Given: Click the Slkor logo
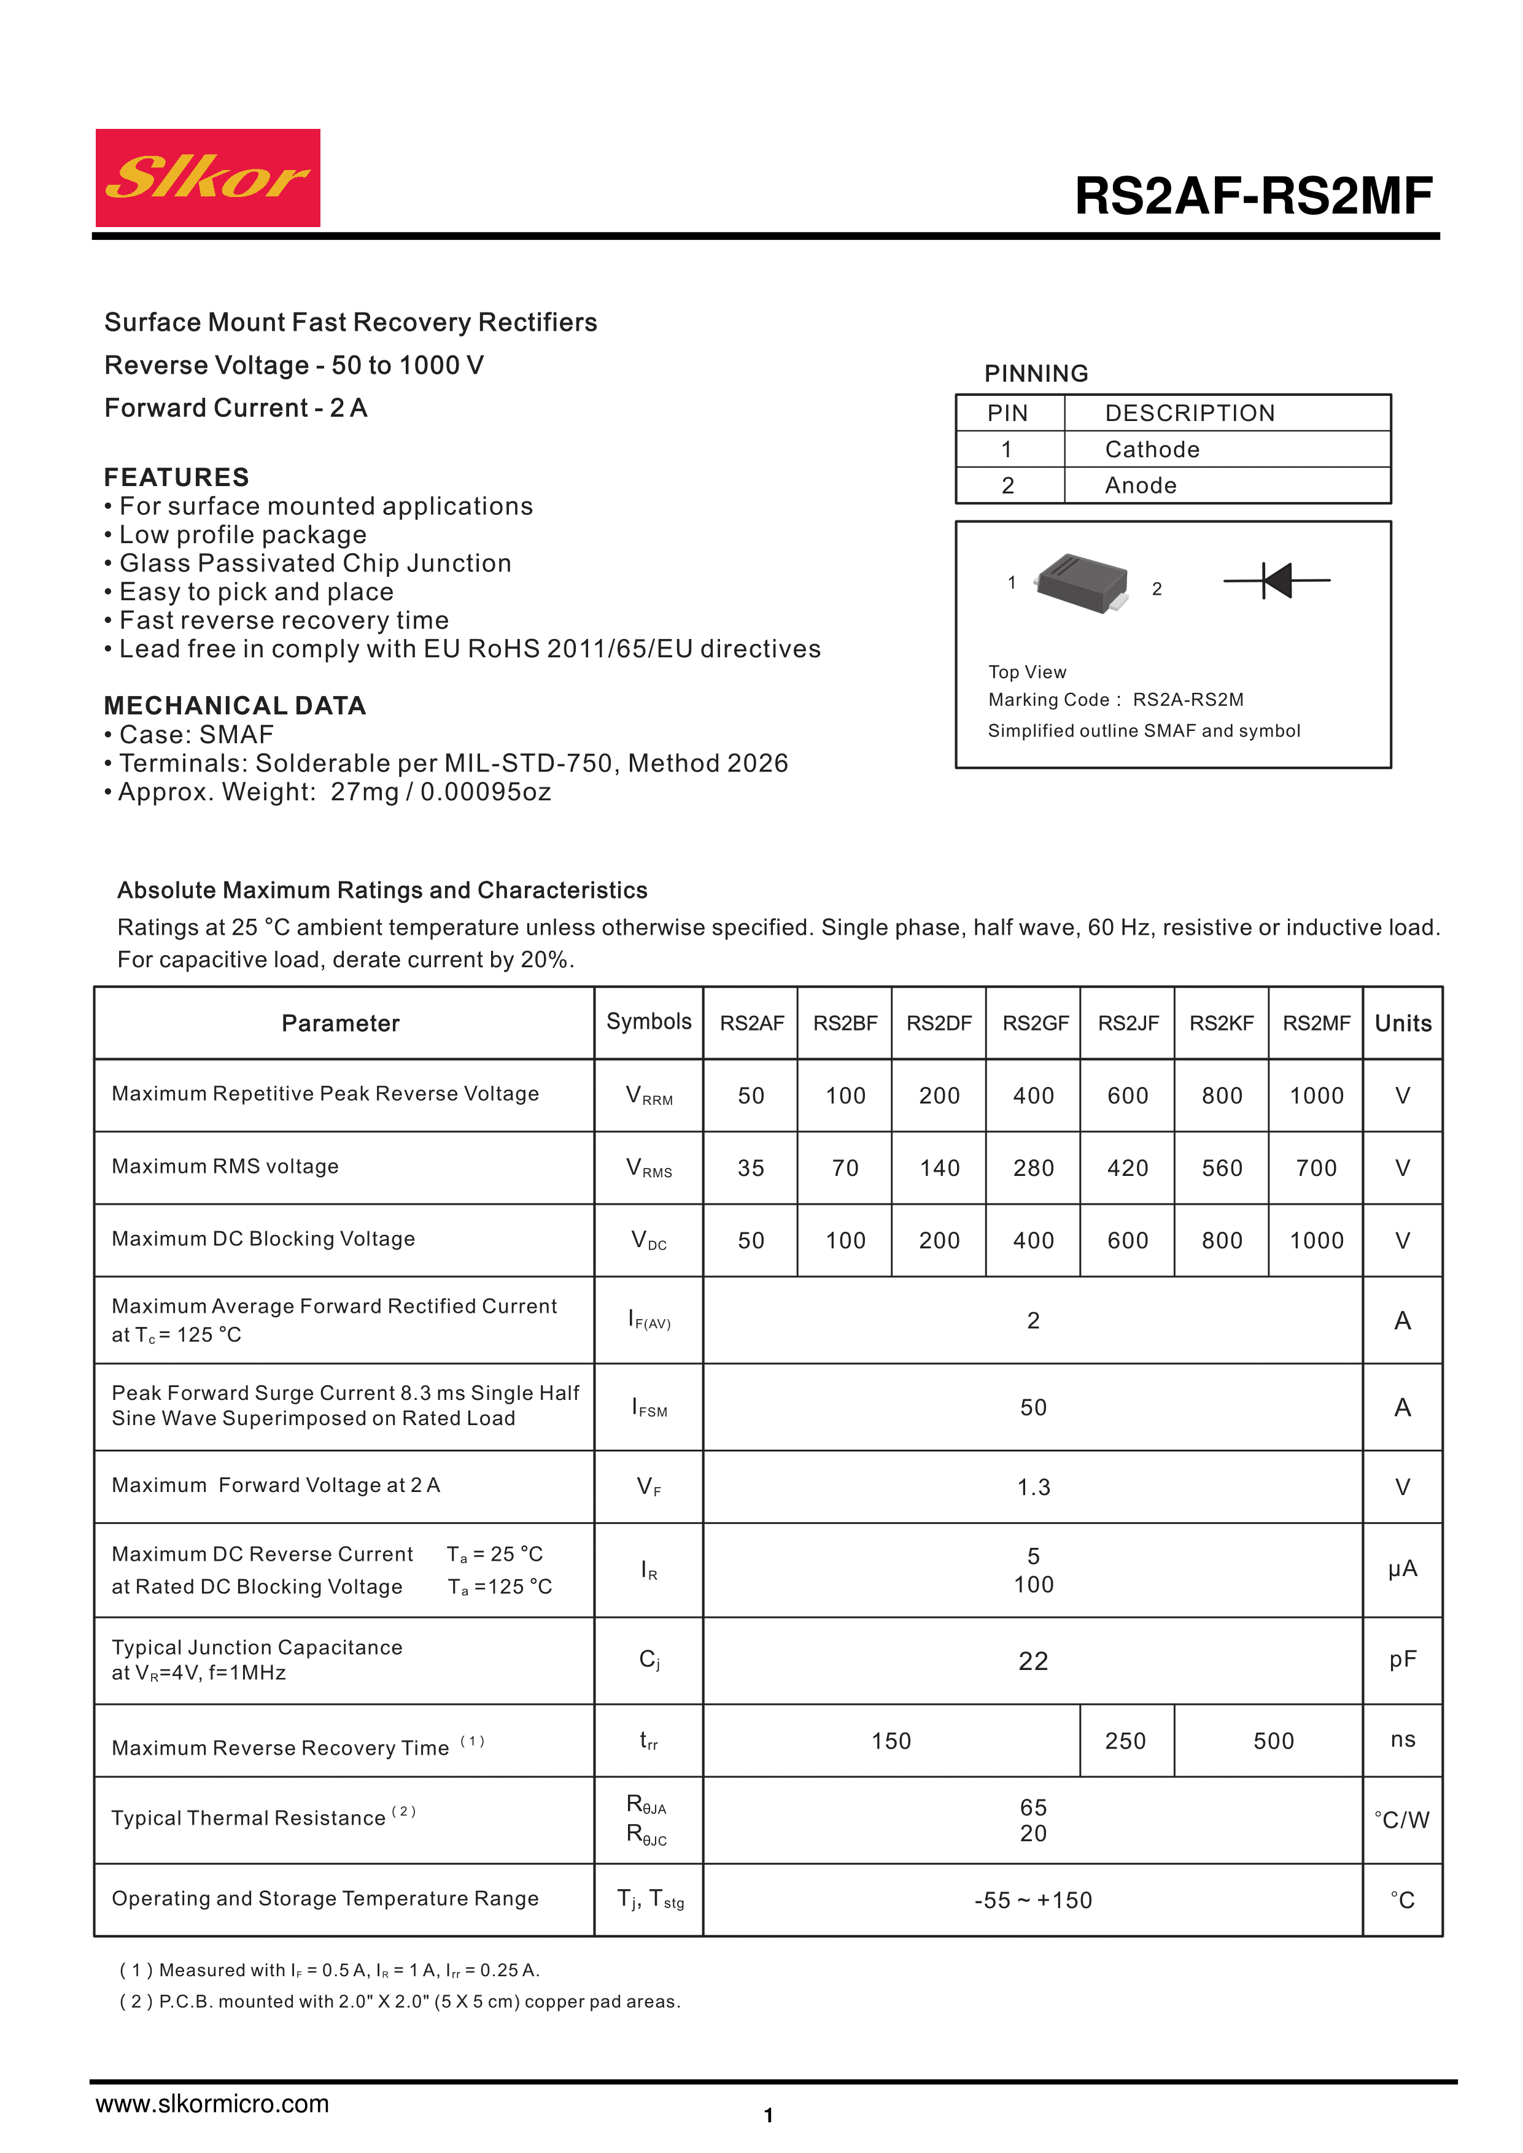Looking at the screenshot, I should [207, 178].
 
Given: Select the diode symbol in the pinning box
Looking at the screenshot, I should [1276, 581].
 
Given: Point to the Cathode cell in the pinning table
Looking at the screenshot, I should [1152, 450].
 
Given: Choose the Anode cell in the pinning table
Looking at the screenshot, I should [1141, 485].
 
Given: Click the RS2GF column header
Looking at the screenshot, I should [1034, 1023].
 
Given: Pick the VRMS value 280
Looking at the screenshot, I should [1034, 1169].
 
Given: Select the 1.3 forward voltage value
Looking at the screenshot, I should [1034, 1487].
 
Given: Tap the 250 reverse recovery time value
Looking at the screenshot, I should [1125, 1741].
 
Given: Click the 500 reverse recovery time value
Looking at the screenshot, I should [1273, 1741].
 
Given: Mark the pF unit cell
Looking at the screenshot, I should [1402, 1660].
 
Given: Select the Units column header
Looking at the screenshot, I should [1402, 1023].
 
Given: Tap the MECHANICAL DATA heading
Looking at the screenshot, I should [234, 706].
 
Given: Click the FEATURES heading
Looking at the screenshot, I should [176, 477].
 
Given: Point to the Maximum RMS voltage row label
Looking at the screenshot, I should [225, 1167].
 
